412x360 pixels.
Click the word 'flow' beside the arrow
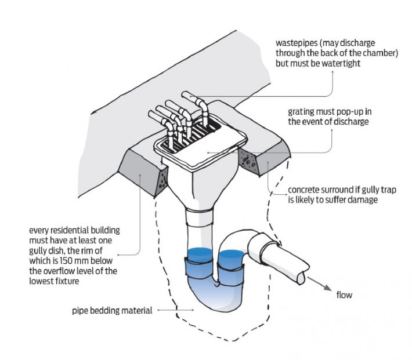tap(344, 295)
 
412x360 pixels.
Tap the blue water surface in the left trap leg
tap(200, 252)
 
